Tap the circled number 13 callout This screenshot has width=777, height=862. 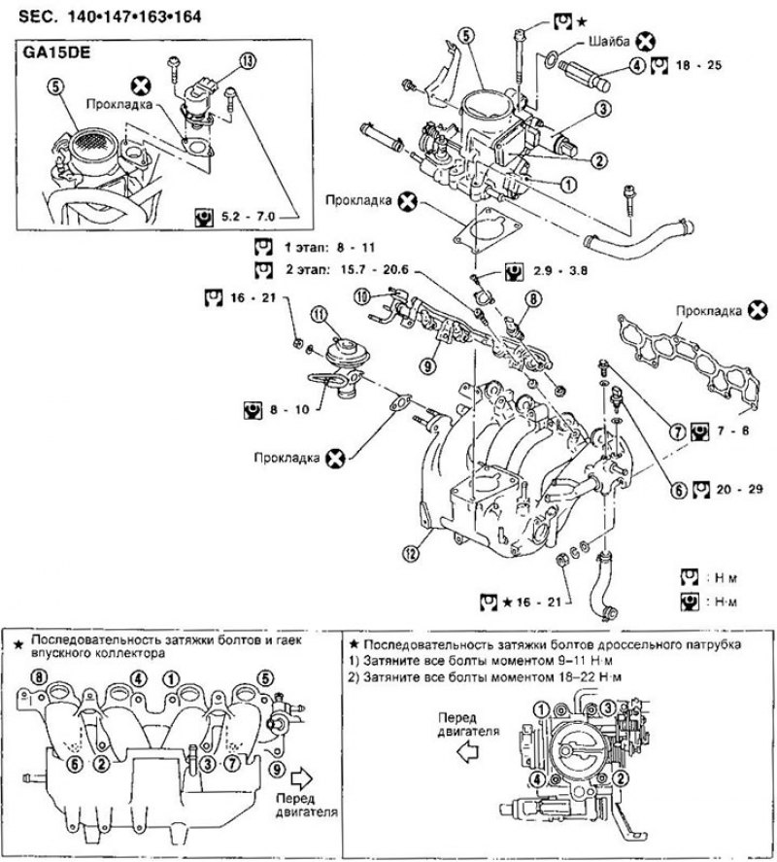pos(248,61)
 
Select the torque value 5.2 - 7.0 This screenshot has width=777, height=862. pos(248,217)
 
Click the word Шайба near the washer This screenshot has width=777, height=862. pos(609,41)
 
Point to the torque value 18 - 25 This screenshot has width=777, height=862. pos(699,65)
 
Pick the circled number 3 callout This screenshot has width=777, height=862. pos(603,109)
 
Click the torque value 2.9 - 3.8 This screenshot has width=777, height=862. pos(560,270)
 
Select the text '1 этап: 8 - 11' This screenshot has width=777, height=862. pos(329,248)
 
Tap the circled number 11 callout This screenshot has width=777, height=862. pos(319,315)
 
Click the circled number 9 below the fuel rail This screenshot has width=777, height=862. pos(428,365)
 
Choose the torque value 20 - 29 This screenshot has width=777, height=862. pos(740,489)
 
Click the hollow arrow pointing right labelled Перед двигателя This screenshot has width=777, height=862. pos(302,777)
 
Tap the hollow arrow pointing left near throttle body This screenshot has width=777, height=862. pos(467,752)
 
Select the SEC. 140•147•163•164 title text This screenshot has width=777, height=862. pos(110,17)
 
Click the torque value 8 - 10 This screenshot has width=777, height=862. pos(289,409)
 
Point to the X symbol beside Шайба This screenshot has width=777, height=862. pos(646,41)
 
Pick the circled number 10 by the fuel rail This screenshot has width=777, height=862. pos(361,297)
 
